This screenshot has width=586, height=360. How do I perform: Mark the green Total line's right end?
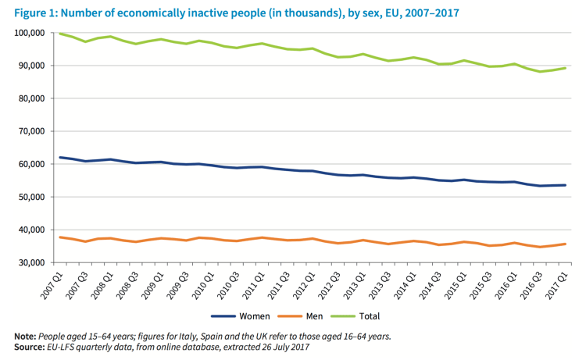point(566,68)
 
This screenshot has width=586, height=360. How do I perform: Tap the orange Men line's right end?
point(566,244)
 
